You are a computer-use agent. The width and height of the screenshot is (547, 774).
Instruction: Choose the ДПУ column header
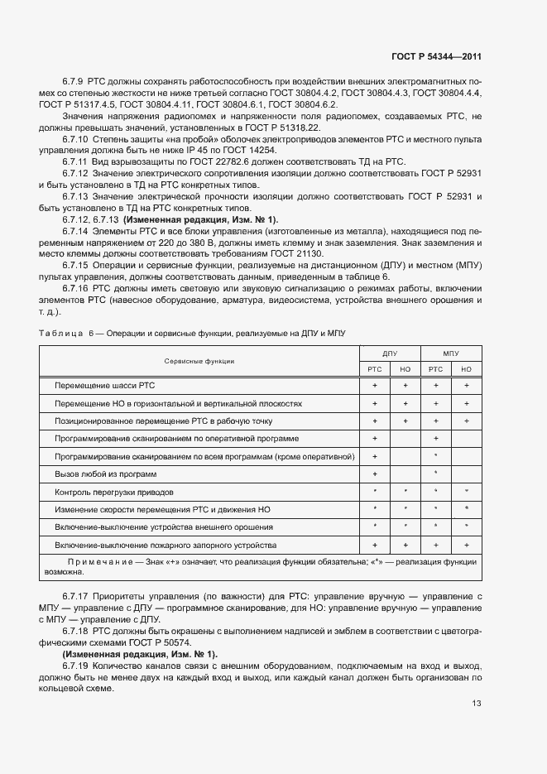coord(390,353)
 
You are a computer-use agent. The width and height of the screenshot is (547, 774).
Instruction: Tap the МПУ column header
coord(451,353)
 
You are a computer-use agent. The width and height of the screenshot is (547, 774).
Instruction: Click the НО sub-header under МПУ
coord(467,369)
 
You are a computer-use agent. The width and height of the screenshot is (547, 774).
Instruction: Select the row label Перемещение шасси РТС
coord(104,386)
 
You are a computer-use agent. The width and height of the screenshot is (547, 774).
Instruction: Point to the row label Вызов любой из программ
coord(106,474)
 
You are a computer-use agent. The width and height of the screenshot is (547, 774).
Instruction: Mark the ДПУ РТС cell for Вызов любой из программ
coord(375,474)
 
